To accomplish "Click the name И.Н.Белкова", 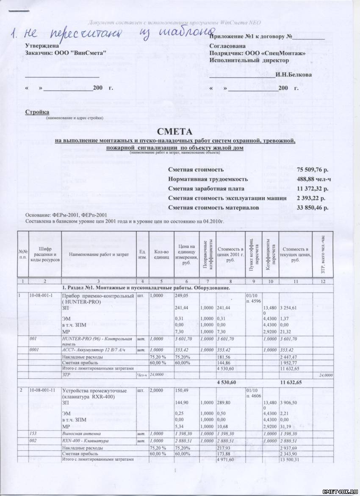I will click(294, 75).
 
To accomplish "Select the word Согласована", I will click(227, 45).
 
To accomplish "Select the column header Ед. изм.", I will click(143, 254).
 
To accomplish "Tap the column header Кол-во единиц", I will click(161, 254).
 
